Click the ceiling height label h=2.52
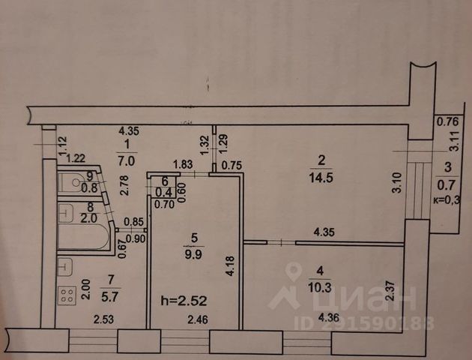pyautogui.click(x=184, y=301)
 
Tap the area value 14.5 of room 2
pyautogui.click(x=321, y=178)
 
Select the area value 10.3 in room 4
pyautogui.click(x=319, y=288)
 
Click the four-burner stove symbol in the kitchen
pyautogui.click(x=67, y=295)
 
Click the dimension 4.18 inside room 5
pyautogui.click(x=230, y=266)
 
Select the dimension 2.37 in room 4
pyautogui.click(x=390, y=291)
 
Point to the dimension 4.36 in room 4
pyautogui.click(x=329, y=317)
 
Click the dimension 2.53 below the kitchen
pyautogui.click(x=103, y=319)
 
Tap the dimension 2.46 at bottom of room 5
pyautogui.click(x=198, y=319)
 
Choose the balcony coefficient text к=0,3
pyautogui.click(x=447, y=200)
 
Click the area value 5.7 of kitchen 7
pyautogui.click(x=110, y=298)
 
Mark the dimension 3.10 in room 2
pyautogui.click(x=397, y=182)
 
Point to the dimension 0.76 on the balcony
pyautogui.click(x=447, y=121)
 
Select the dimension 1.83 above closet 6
pyautogui.click(x=182, y=165)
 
